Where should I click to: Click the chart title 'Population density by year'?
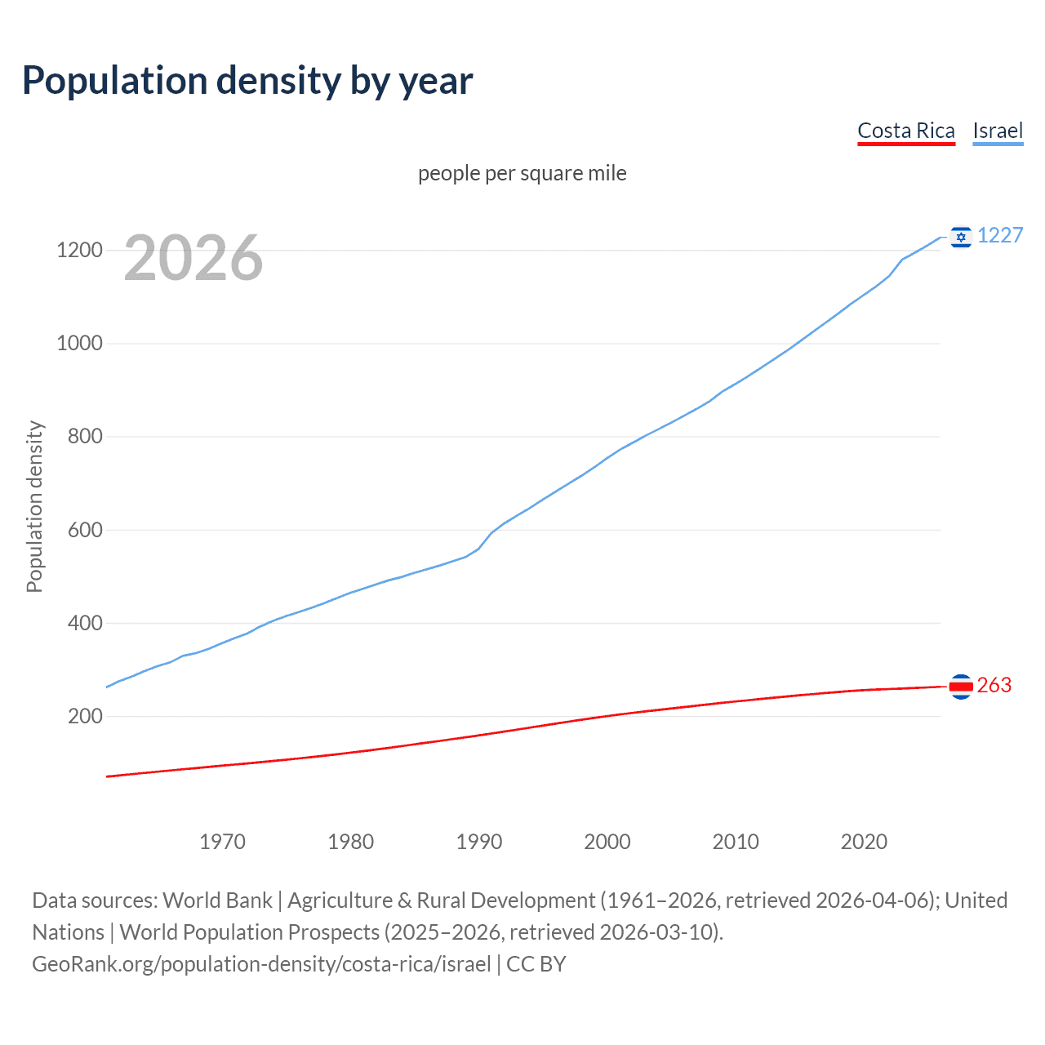247,81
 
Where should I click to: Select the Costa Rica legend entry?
905,131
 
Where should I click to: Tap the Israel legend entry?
997,131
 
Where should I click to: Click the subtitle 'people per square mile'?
522,173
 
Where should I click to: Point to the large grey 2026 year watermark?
193,258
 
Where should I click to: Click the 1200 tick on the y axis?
79,250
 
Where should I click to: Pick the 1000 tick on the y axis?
79,343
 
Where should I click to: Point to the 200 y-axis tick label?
85,716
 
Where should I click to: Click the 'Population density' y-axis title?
34,506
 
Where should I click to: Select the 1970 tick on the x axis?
222,842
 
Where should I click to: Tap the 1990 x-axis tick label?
479,842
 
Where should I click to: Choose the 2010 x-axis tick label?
736,842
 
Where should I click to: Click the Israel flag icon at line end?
961,237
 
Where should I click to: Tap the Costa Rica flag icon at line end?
961,687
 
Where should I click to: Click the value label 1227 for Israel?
999,235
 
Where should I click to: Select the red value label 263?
994,685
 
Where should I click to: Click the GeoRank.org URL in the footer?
261,964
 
